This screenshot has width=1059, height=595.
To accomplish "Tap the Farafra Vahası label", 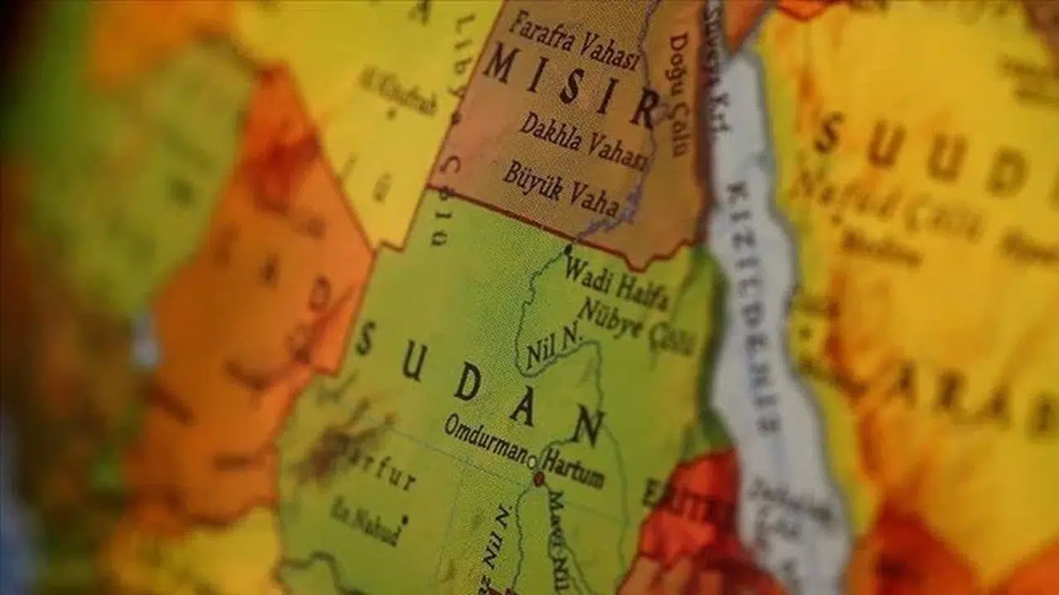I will (x=575, y=41).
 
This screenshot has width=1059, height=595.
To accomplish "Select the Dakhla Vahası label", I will (x=583, y=142).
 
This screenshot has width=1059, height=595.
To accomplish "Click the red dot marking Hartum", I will (x=539, y=478).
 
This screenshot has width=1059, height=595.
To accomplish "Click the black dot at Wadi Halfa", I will (x=568, y=248).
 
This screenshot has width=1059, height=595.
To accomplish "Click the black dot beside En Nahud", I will (x=404, y=519).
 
